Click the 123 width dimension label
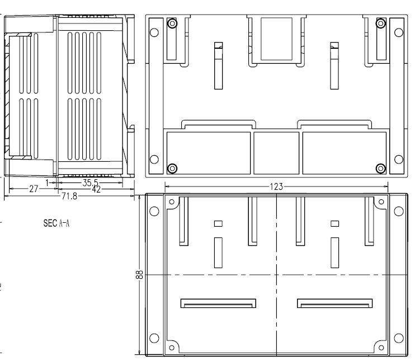click(276, 187)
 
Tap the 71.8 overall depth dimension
click(69, 196)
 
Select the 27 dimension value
click(34, 189)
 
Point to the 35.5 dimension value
click(90, 183)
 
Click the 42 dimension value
click(96, 189)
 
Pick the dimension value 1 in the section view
click(48, 183)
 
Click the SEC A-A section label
click(56, 223)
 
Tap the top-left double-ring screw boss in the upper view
click(172, 24)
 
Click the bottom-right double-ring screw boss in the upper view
click(380, 168)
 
